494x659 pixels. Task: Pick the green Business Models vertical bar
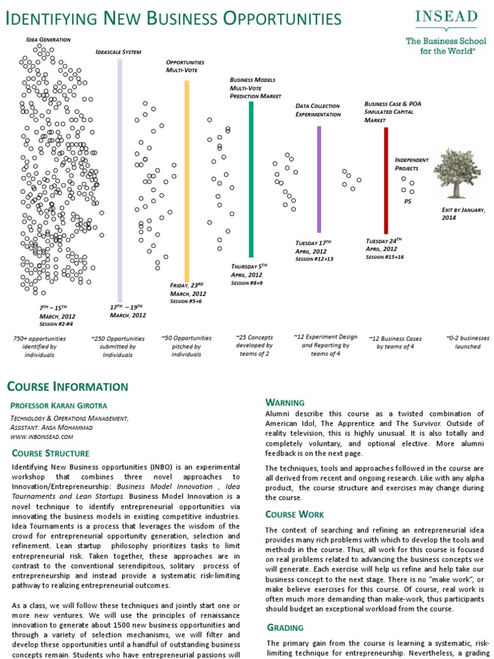coord(251,179)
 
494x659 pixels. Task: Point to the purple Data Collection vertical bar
coord(318,179)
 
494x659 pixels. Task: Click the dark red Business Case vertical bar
coord(386,180)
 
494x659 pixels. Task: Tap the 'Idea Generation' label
coord(48,39)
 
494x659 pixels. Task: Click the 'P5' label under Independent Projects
coord(408,201)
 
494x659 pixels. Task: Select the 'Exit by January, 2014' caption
coord(463,214)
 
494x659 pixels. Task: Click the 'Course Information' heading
coord(67,386)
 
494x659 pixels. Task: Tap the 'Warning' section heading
coord(285,402)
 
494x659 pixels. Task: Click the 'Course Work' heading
coord(295,514)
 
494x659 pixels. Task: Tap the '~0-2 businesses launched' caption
coord(468,342)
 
